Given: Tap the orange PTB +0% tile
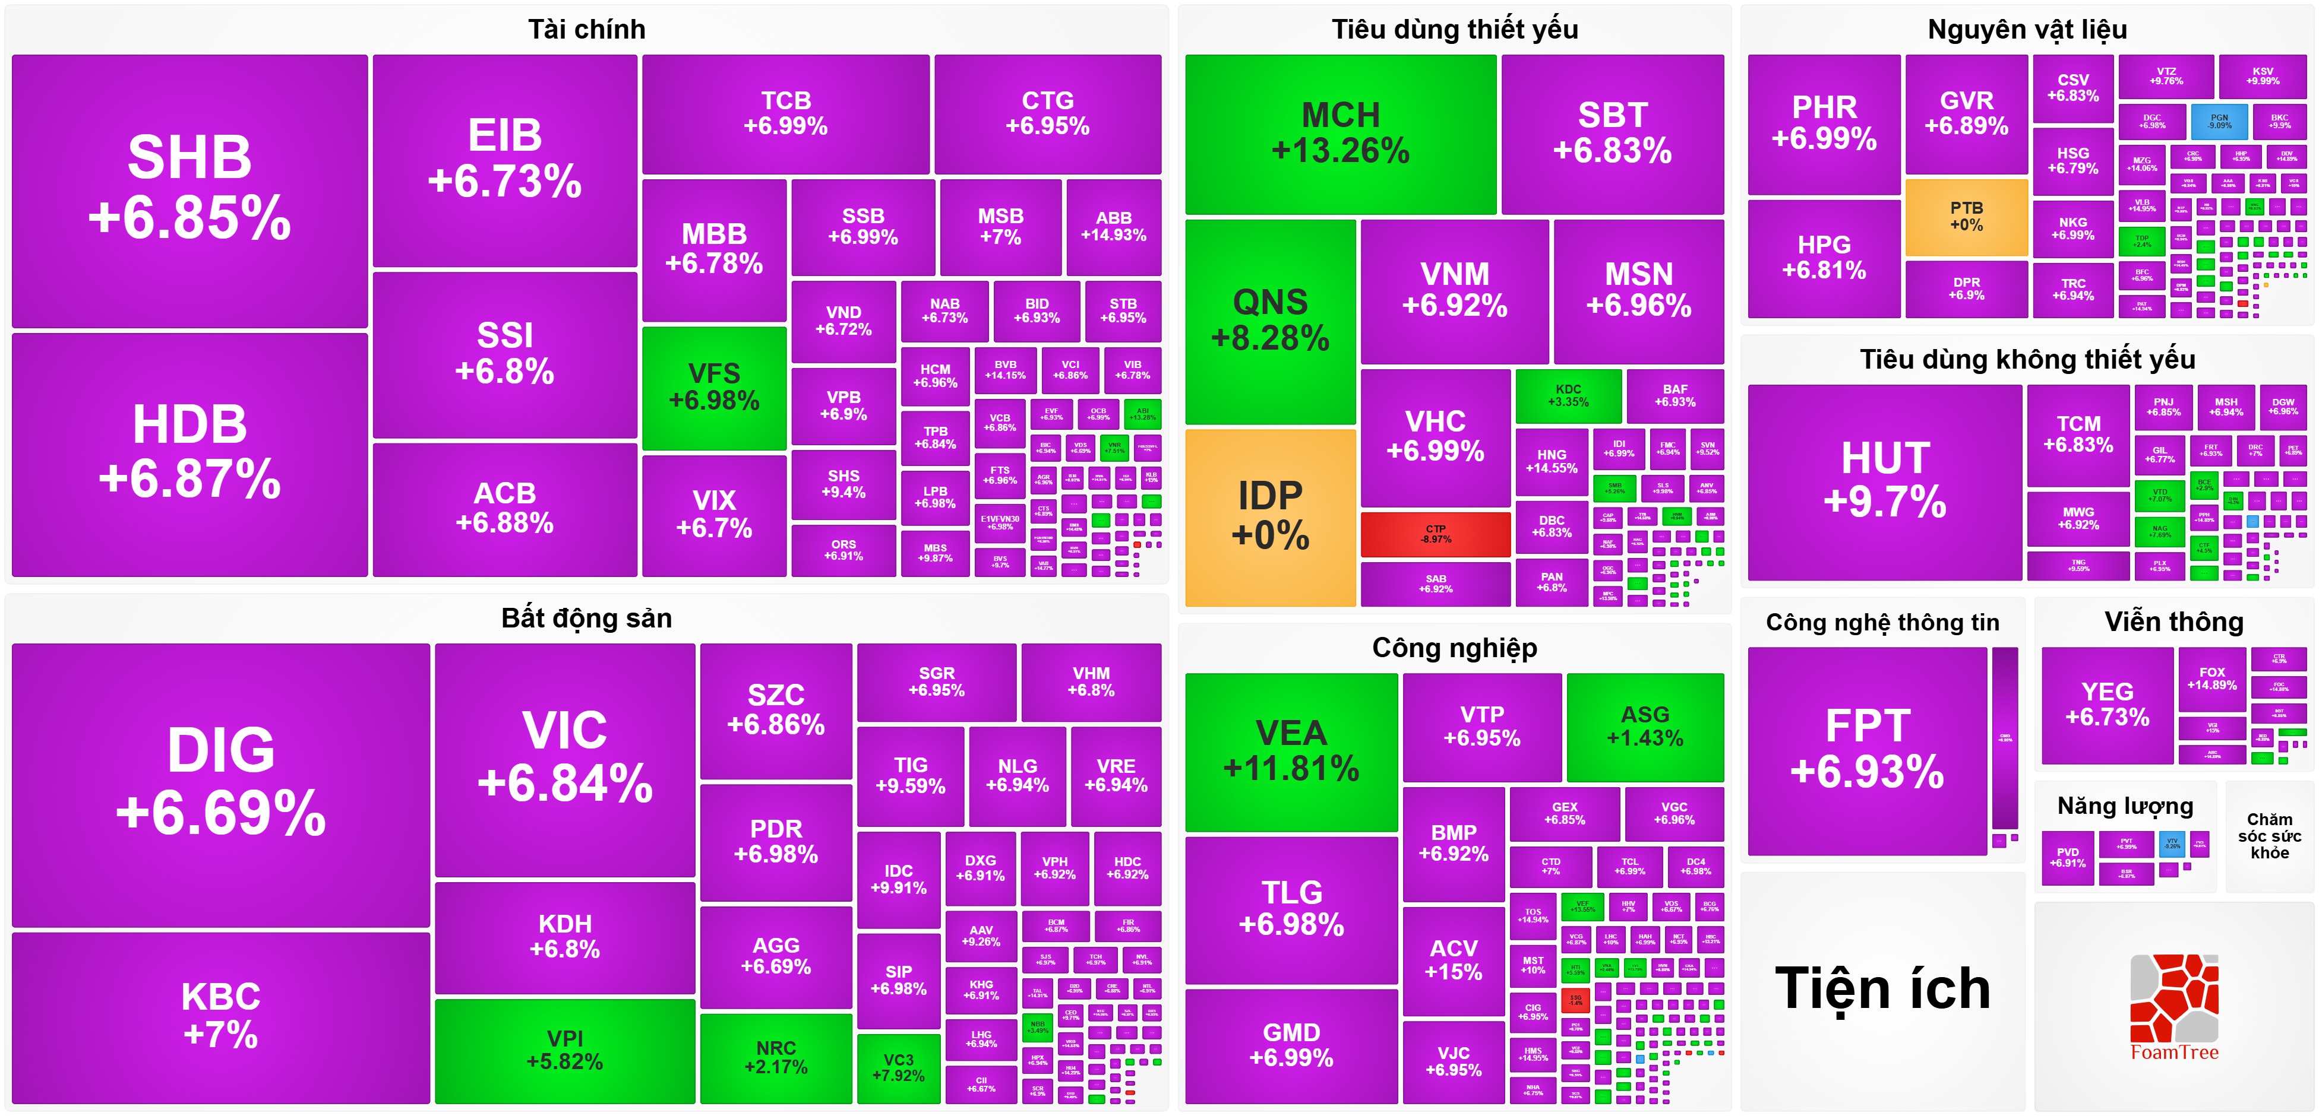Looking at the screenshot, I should pos(1966,217).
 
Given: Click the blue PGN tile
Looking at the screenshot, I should pos(2220,122).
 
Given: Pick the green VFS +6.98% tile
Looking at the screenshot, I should pos(714,387).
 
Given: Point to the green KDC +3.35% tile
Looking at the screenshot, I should pos(1568,395).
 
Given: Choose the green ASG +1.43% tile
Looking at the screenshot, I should pos(1645,727).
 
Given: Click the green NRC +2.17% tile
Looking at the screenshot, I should pos(775,1057).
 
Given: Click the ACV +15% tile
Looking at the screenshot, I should pos(1453,959).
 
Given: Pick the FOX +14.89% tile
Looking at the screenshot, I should pos(2212,679).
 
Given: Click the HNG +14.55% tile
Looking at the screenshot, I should pos(1551,461).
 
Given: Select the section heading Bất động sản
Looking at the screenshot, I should pos(586,619).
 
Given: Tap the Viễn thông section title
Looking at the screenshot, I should pos(2173,622).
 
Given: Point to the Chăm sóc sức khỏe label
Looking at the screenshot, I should pos(2269,836).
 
